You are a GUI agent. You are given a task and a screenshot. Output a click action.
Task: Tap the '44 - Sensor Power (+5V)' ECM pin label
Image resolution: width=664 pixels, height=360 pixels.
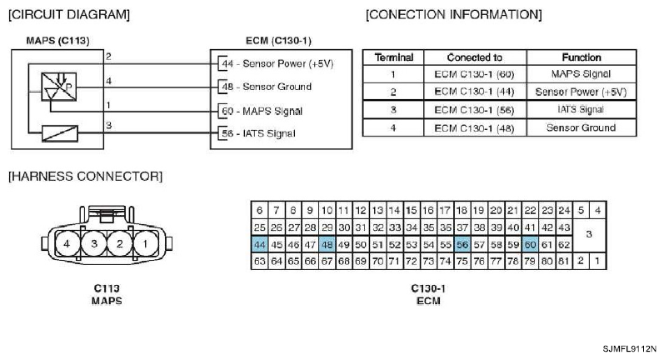274,63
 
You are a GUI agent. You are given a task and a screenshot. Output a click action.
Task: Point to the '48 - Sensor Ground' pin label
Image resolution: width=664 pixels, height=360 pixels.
265,87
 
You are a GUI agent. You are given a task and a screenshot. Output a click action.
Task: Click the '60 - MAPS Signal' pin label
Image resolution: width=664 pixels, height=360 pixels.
260,111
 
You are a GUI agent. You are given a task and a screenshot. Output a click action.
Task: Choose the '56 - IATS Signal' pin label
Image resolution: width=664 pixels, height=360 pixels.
257,133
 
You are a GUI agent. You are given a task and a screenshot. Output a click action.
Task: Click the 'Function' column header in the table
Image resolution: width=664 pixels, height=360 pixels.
581,57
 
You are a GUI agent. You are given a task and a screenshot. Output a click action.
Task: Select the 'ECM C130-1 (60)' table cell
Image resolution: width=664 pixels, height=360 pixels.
475,74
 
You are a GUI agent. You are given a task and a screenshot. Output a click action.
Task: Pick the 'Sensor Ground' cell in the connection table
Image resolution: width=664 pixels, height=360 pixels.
581,127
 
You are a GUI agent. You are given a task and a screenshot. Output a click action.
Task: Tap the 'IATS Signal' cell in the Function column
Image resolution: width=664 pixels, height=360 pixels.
581,109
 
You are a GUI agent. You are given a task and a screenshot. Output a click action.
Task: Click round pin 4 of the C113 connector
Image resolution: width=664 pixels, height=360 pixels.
68,244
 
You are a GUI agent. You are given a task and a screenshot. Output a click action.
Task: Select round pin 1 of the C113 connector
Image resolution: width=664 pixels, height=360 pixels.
146,244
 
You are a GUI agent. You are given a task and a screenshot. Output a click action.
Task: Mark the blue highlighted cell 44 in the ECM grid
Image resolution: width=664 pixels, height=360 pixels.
260,244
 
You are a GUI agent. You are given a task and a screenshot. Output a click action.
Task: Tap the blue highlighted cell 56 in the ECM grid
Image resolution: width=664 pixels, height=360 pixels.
462,244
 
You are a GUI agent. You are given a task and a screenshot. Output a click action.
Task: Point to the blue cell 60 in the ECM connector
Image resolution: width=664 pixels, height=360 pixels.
530,244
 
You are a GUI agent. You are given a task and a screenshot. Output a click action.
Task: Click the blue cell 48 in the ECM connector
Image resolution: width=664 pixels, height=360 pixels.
327,244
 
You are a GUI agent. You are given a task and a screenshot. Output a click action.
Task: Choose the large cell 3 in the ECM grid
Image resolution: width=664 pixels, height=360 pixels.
589,235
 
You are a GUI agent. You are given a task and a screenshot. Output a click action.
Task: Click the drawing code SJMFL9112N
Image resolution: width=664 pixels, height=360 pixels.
631,348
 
